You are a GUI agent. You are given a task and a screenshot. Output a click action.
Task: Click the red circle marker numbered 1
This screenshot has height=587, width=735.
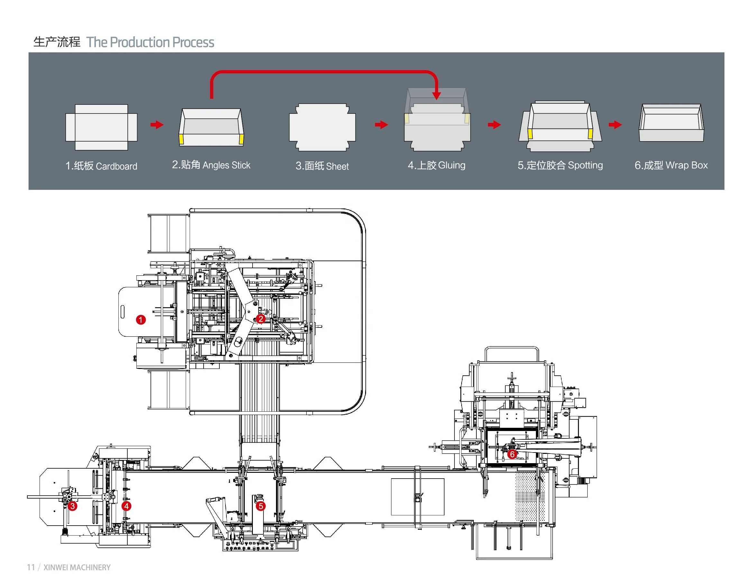(x=141, y=320)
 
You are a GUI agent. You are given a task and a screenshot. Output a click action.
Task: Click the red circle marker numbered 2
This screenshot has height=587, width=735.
(x=261, y=319)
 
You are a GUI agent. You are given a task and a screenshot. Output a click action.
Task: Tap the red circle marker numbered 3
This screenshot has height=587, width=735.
(x=72, y=506)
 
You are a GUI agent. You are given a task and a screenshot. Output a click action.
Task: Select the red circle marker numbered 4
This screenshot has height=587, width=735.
(x=126, y=506)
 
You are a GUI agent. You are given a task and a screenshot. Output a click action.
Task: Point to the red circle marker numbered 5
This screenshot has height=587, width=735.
(x=261, y=506)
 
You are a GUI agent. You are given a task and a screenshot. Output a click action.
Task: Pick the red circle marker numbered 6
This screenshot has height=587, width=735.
(x=512, y=454)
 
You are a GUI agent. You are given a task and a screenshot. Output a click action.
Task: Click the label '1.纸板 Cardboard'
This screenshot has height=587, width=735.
(x=101, y=166)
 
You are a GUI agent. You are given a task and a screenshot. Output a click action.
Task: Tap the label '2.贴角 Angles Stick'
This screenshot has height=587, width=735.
(x=211, y=165)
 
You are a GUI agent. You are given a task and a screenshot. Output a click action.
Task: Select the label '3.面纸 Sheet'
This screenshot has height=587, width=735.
(x=322, y=166)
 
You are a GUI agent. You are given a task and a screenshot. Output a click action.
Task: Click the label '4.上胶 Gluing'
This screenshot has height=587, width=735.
(x=436, y=165)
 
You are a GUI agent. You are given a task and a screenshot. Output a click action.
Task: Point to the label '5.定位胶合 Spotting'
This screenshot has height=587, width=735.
(x=560, y=165)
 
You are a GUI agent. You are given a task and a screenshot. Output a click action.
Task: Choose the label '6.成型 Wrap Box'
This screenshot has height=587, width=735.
(x=671, y=165)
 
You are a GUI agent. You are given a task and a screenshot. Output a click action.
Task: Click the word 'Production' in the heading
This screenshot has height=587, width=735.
(x=140, y=42)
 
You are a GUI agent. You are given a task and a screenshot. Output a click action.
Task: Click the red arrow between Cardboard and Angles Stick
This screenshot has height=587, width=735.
(x=157, y=125)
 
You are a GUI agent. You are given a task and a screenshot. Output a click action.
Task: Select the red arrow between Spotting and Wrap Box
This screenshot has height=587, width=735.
(x=615, y=125)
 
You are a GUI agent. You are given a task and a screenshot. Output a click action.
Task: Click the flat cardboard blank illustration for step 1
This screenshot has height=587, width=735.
(x=101, y=127)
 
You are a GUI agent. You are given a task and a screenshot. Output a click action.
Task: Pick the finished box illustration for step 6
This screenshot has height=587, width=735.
(x=671, y=123)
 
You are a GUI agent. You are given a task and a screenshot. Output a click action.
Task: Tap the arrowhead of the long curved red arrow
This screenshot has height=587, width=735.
(x=436, y=95)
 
